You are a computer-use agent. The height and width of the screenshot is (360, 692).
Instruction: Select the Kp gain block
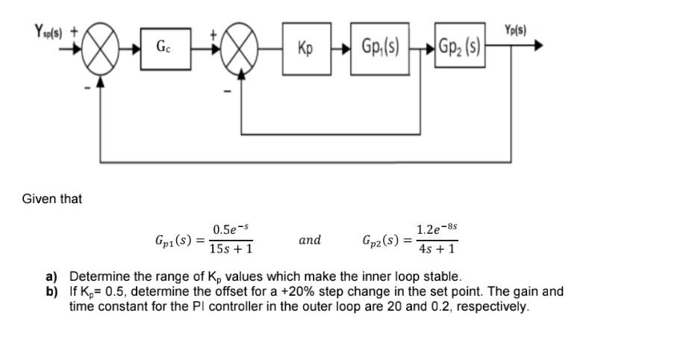(305, 49)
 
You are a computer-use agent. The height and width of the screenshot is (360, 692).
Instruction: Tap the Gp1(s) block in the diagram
(380, 49)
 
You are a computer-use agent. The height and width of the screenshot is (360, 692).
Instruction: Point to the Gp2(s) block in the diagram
(460, 49)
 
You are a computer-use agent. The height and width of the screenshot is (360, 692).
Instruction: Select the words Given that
(52, 199)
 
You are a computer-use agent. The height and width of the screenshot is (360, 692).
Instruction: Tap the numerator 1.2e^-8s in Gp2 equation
(437, 228)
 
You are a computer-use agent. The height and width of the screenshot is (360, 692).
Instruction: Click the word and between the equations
(310, 240)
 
